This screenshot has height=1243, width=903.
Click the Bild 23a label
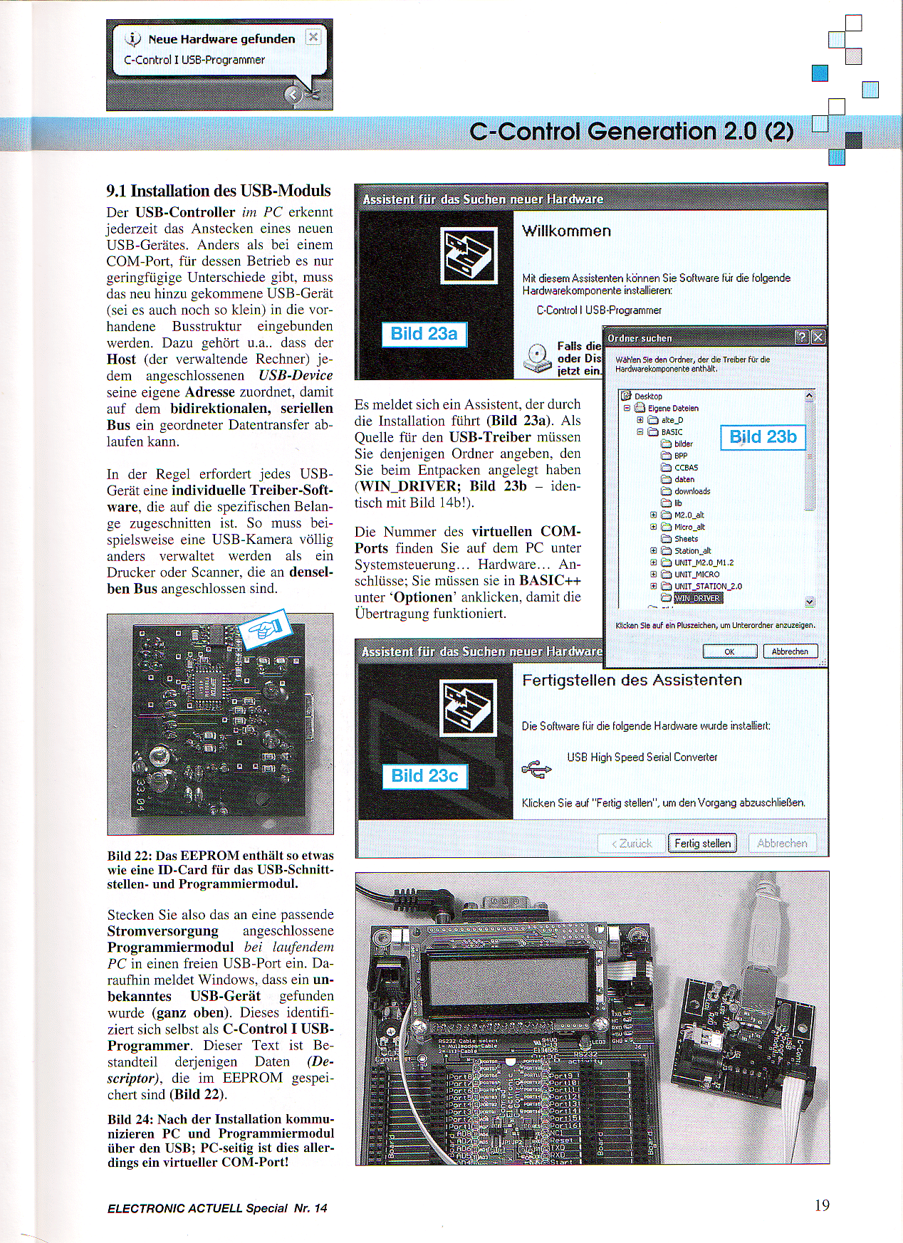tap(424, 334)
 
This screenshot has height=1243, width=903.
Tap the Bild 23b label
tap(763, 437)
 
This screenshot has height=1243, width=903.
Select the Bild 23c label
tap(424, 776)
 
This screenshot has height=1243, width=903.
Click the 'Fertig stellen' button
tap(702, 843)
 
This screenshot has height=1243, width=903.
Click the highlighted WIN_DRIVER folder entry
tap(697, 598)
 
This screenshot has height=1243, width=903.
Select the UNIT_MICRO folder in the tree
tap(696, 575)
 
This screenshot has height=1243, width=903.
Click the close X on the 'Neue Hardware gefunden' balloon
tap(313, 37)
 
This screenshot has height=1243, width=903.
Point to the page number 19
tap(822, 1205)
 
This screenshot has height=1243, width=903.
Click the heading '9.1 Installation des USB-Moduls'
tap(219, 191)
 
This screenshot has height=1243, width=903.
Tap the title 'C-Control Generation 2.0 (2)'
tap(632, 132)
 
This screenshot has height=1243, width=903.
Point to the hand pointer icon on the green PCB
tap(265, 629)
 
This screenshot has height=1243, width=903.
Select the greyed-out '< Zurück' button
tap(632, 843)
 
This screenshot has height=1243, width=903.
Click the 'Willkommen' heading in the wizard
tap(566, 231)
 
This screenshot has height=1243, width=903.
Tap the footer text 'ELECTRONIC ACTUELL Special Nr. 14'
tap(217, 1208)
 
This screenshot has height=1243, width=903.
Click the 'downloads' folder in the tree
tap(691, 491)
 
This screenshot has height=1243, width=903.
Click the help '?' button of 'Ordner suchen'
tap(801, 337)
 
